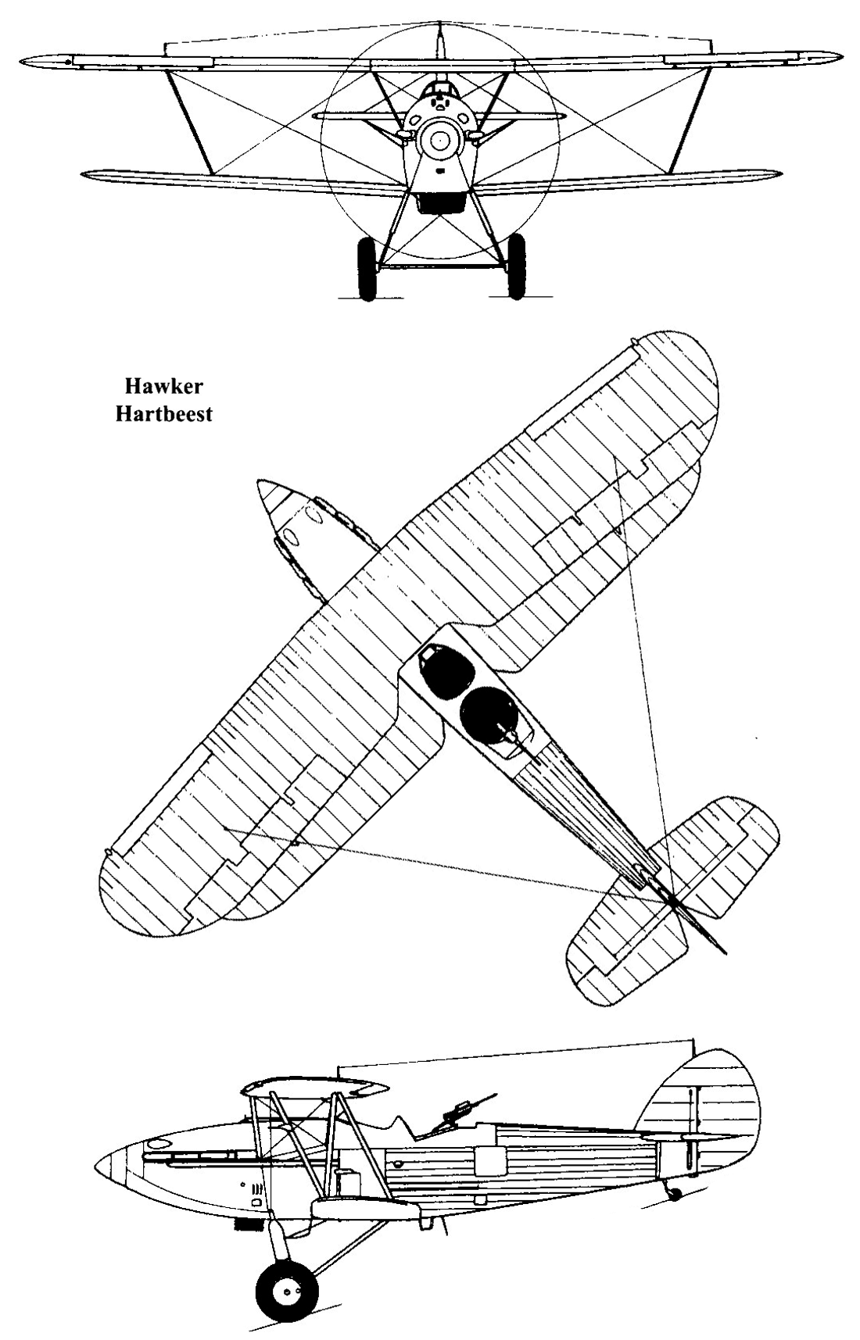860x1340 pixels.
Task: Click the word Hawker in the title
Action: [163, 387]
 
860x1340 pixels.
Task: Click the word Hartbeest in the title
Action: [163, 414]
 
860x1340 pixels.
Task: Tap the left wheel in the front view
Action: [366, 269]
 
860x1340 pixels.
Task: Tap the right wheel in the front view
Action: [516, 266]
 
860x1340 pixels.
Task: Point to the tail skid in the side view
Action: [672, 1190]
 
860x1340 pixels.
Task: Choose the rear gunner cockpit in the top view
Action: [488, 713]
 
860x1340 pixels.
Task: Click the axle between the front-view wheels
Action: [441, 267]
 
